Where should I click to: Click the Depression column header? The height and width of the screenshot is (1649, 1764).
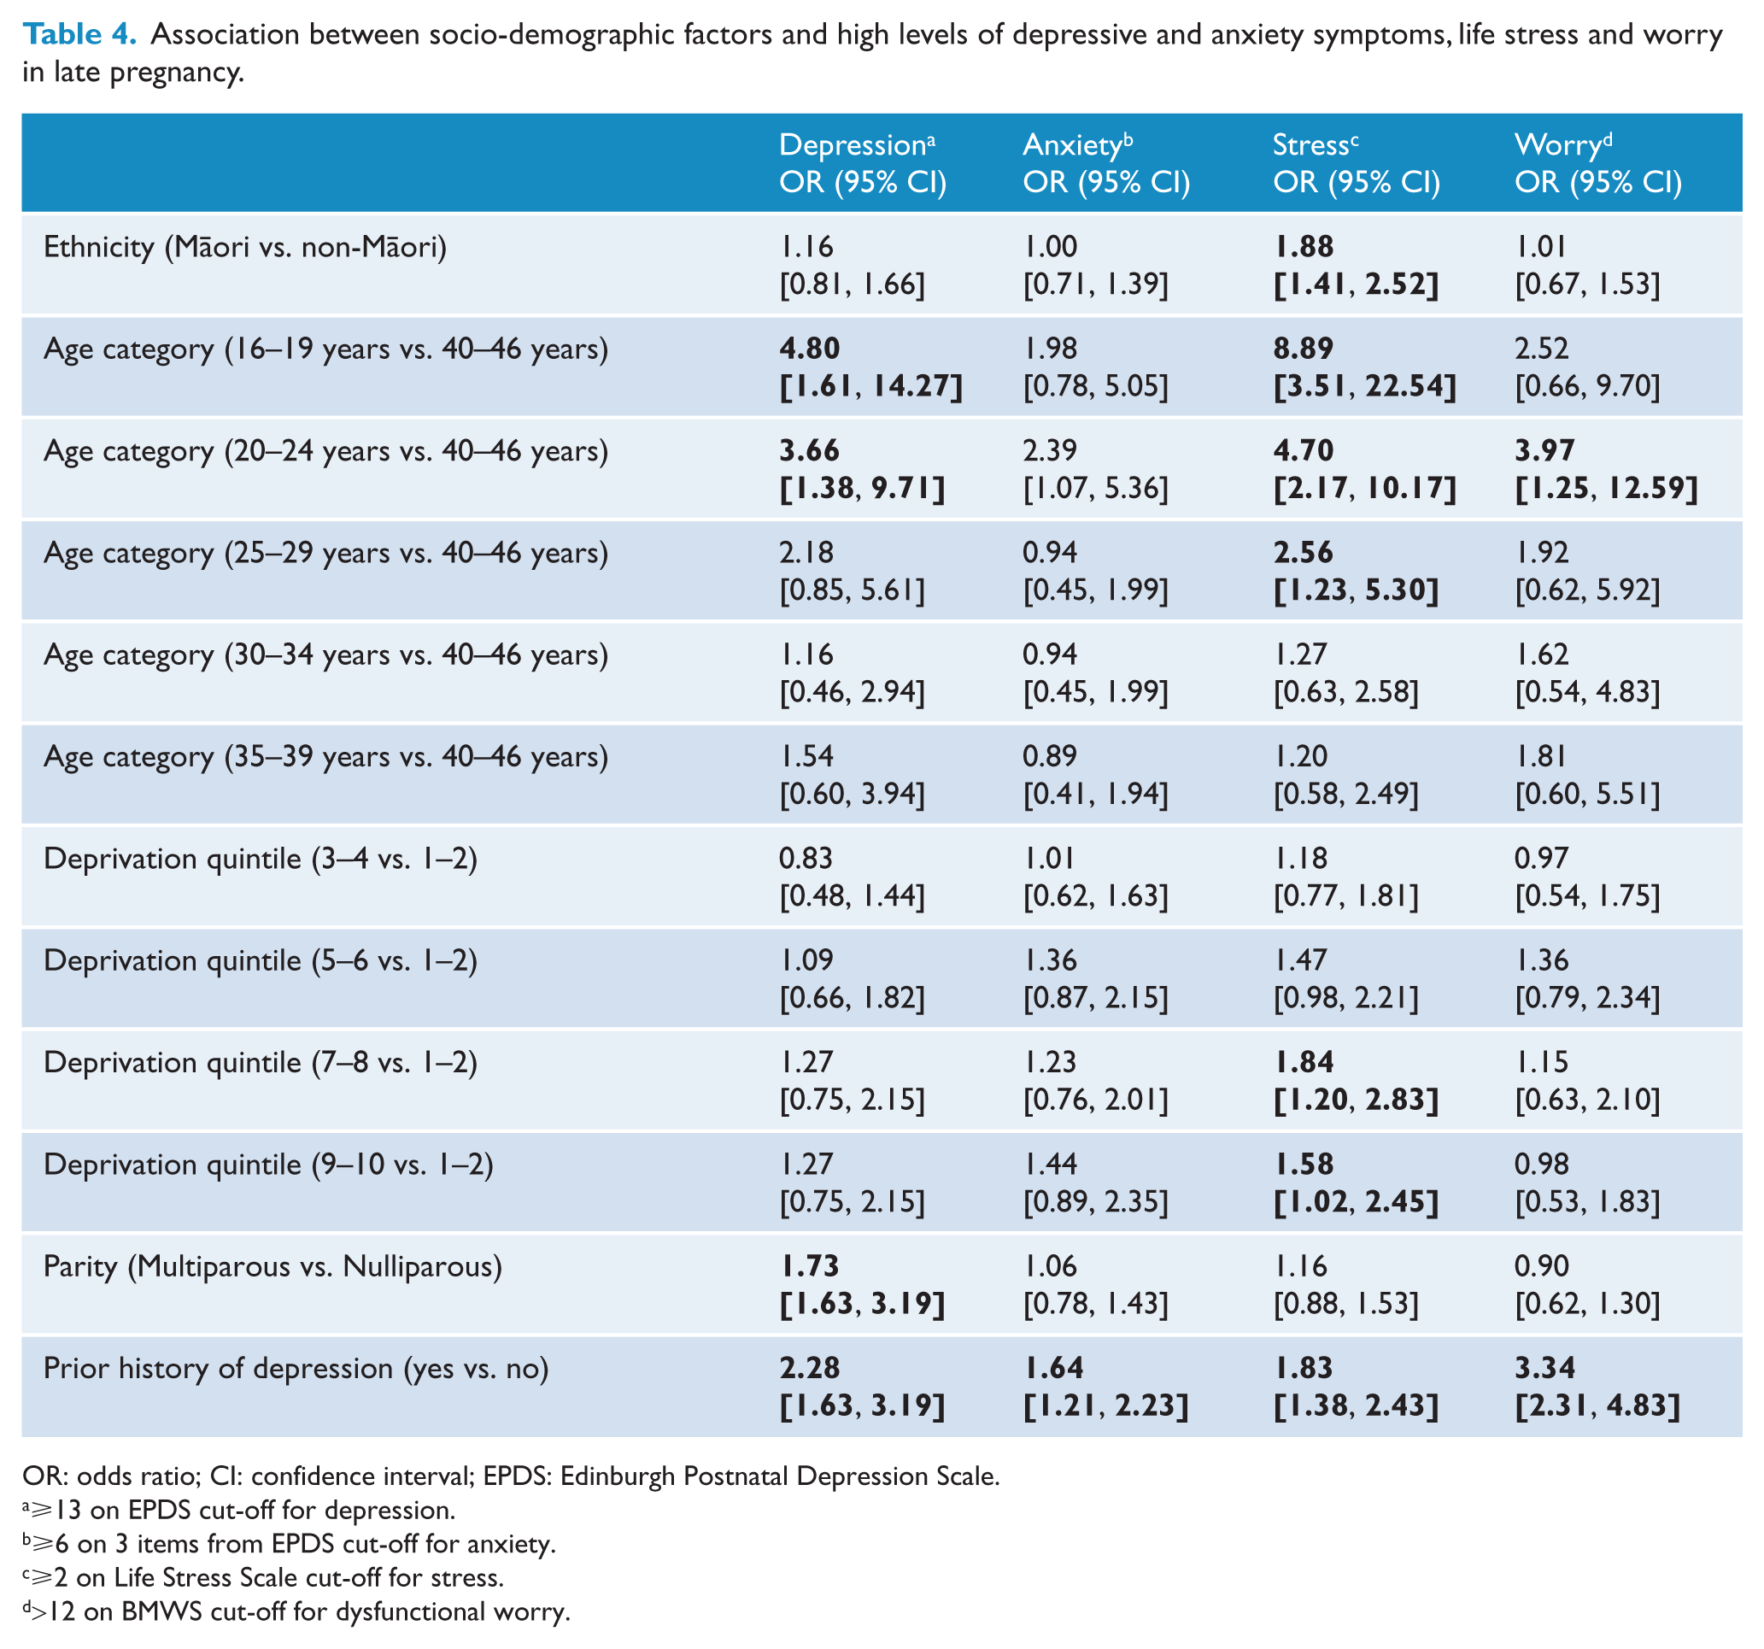pyautogui.click(x=863, y=163)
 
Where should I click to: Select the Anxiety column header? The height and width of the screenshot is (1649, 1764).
pyautogui.click(x=1106, y=163)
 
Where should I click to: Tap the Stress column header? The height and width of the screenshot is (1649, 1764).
pyautogui.click(x=1357, y=163)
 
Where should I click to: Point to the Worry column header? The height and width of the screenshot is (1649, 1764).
pyautogui.click(x=1598, y=163)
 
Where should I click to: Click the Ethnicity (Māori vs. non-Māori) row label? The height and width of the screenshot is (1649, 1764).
pyautogui.click(x=245, y=247)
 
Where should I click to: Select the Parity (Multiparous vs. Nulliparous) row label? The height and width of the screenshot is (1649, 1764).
pyautogui.click(x=273, y=1266)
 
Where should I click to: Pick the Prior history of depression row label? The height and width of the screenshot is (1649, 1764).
pyautogui.click(x=296, y=1369)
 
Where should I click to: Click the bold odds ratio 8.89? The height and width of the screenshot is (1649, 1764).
pyautogui.click(x=1303, y=349)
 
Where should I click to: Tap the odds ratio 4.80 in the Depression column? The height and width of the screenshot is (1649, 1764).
pyautogui.click(x=809, y=349)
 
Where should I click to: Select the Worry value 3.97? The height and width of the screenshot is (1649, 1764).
pyautogui.click(x=1544, y=451)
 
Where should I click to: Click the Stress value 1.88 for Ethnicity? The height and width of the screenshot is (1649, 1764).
pyautogui.click(x=1304, y=247)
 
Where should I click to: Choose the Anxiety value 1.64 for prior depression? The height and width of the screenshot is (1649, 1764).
pyautogui.click(x=1053, y=1369)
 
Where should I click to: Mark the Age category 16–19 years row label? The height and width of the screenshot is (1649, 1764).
pyautogui.click(x=325, y=349)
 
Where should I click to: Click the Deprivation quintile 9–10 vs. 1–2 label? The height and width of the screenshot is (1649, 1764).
pyautogui.click(x=268, y=1165)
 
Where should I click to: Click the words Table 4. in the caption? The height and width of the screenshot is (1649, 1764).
pyautogui.click(x=79, y=33)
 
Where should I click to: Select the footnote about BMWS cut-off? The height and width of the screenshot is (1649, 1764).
pyautogui.click(x=296, y=1611)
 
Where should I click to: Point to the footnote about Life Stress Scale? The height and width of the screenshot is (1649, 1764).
pyautogui.click(x=264, y=1578)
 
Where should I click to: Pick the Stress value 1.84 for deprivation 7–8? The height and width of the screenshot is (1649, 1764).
pyautogui.click(x=1304, y=1062)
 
